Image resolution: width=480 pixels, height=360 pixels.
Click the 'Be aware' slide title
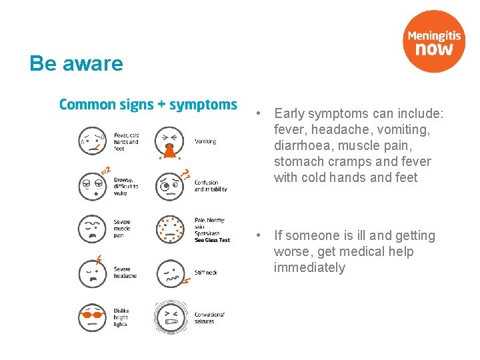pos(76,64)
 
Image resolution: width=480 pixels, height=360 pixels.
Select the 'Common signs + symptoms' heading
pos(148,105)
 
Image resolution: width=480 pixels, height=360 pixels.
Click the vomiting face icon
pos(170,141)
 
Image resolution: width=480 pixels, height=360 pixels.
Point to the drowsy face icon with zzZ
pos(93,185)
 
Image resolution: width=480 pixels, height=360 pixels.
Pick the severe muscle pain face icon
pos(93,229)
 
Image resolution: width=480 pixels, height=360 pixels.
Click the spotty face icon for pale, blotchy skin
pos(170,229)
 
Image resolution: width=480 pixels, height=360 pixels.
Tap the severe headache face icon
pos(93,273)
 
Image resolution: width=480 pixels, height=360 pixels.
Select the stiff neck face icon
pos(170,273)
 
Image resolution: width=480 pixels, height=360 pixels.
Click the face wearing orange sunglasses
pos(93,317)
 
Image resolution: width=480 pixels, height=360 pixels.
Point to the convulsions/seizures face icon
pos(170,317)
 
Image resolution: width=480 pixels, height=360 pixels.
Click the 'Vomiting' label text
pos(205,141)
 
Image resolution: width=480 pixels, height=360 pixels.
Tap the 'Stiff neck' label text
pos(206,273)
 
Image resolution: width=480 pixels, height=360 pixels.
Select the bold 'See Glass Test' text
pos(212,240)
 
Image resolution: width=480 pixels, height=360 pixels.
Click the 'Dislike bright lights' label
pos(121,317)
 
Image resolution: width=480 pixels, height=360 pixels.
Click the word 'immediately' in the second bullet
pos(309,267)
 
